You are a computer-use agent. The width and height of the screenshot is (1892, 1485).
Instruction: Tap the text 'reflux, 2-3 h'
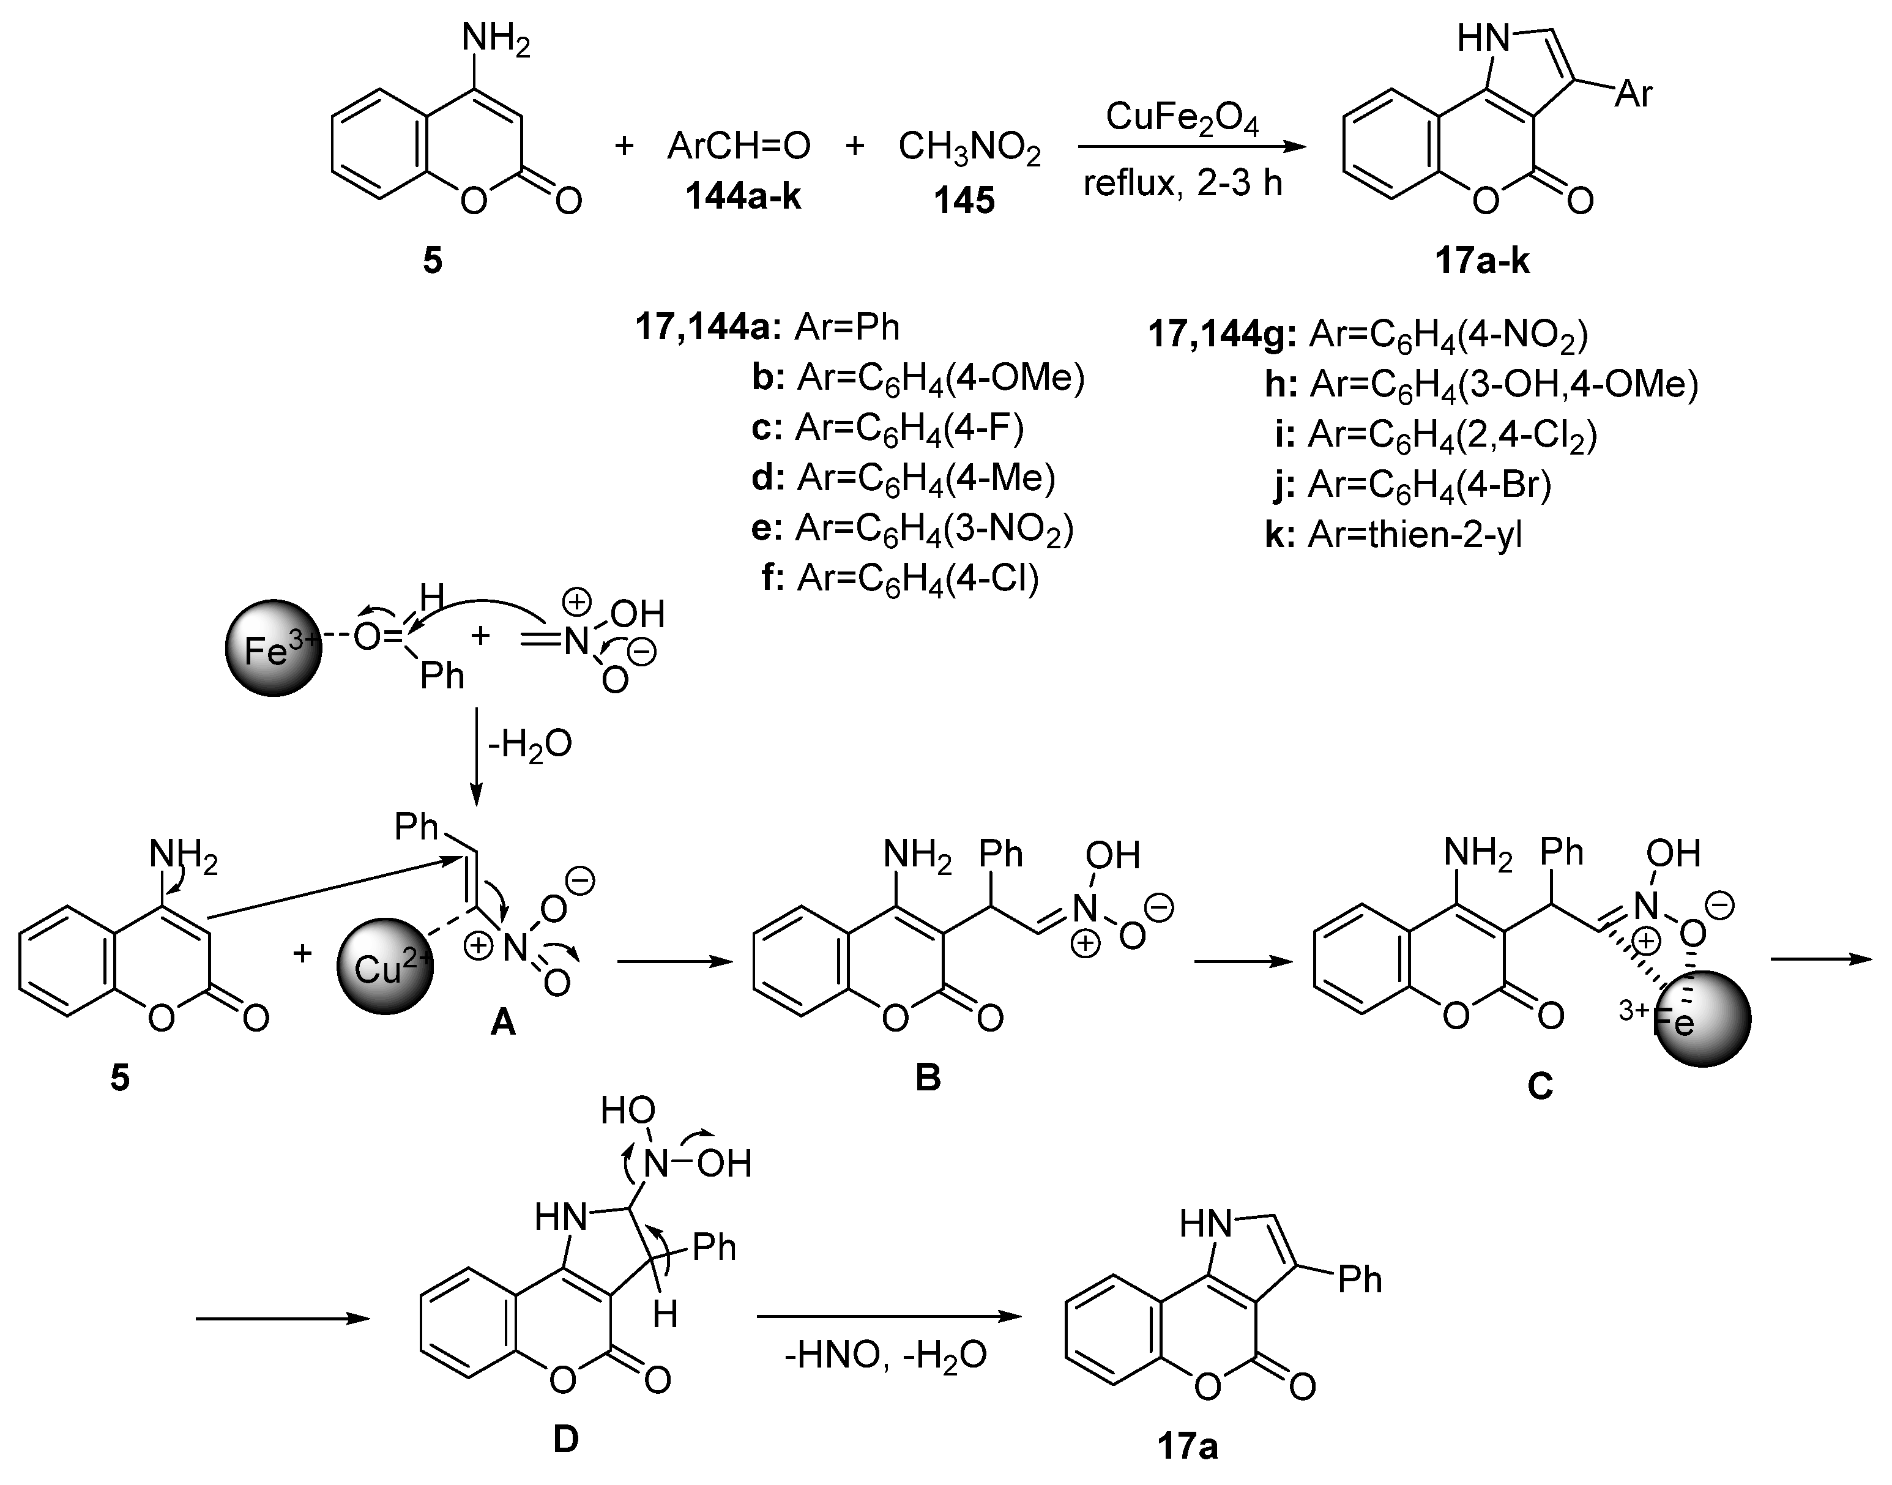[1182, 184]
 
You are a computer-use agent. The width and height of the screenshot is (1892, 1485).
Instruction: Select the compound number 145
[963, 201]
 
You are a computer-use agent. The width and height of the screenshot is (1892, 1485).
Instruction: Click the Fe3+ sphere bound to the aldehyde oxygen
[273, 648]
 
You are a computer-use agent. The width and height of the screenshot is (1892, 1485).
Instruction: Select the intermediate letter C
[1540, 1085]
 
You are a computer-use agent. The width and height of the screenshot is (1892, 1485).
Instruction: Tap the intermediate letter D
[565, 1440]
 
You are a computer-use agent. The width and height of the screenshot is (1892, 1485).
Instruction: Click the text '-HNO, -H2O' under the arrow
[885, 1355]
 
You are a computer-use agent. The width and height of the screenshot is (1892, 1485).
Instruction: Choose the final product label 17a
[1187, 1446]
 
